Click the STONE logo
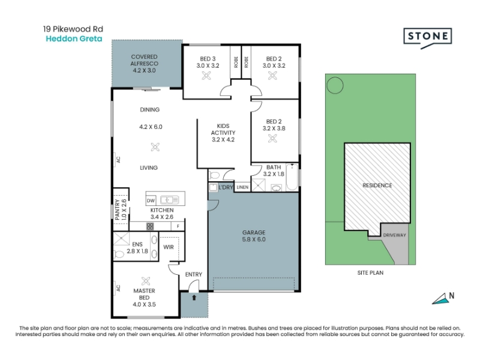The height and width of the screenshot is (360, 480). tap(428, 38)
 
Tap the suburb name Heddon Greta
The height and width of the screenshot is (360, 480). tap(74, 39)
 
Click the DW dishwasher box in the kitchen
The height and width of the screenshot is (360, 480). tap(151, 201)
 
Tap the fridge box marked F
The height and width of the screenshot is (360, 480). tap(178, 227)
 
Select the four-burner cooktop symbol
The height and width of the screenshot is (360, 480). tap(150, 227)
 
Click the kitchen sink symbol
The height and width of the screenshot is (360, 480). tap(170, 200)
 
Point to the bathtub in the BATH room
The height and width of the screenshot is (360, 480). tap(292, 177)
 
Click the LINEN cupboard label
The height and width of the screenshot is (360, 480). tap(242, 187)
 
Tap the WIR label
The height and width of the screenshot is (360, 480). tap(169, 247)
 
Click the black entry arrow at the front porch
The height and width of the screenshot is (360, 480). tap(194, 297)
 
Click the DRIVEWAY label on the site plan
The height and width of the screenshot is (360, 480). tap(394, 235)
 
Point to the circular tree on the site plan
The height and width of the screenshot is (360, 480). tap(335, 85)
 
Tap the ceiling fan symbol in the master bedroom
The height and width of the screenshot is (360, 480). tap(146, 281)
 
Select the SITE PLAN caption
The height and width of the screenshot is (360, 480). tap(370, 273)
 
